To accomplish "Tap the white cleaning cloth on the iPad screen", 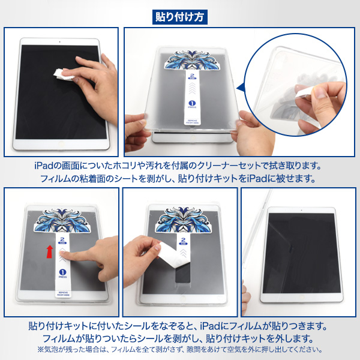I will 65,74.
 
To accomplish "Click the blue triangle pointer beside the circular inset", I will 240,89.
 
